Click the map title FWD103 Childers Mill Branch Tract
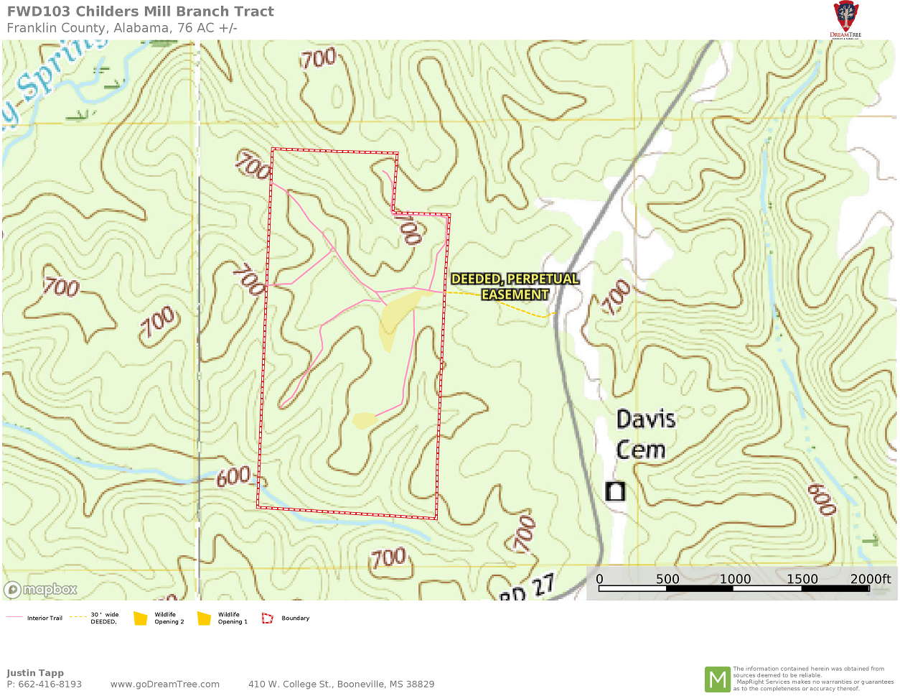[141, 11]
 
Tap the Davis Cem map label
[644, 434]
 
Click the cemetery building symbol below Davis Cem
[615, 491]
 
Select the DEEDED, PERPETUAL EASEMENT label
[515, 287]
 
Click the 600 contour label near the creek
[233, 476]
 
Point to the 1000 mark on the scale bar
[735, 579]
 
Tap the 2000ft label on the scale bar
[870, 579]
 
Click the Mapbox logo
[41, 590]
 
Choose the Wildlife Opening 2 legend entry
[159, 618]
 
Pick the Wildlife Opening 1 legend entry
[222, 618]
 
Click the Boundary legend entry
[286, 618]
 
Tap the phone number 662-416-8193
[50, 684]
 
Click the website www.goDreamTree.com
[165, 684]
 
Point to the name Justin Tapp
[35, 673]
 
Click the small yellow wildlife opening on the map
[364, 420]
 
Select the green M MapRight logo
[717, 679]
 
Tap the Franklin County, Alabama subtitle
[122, 28]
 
